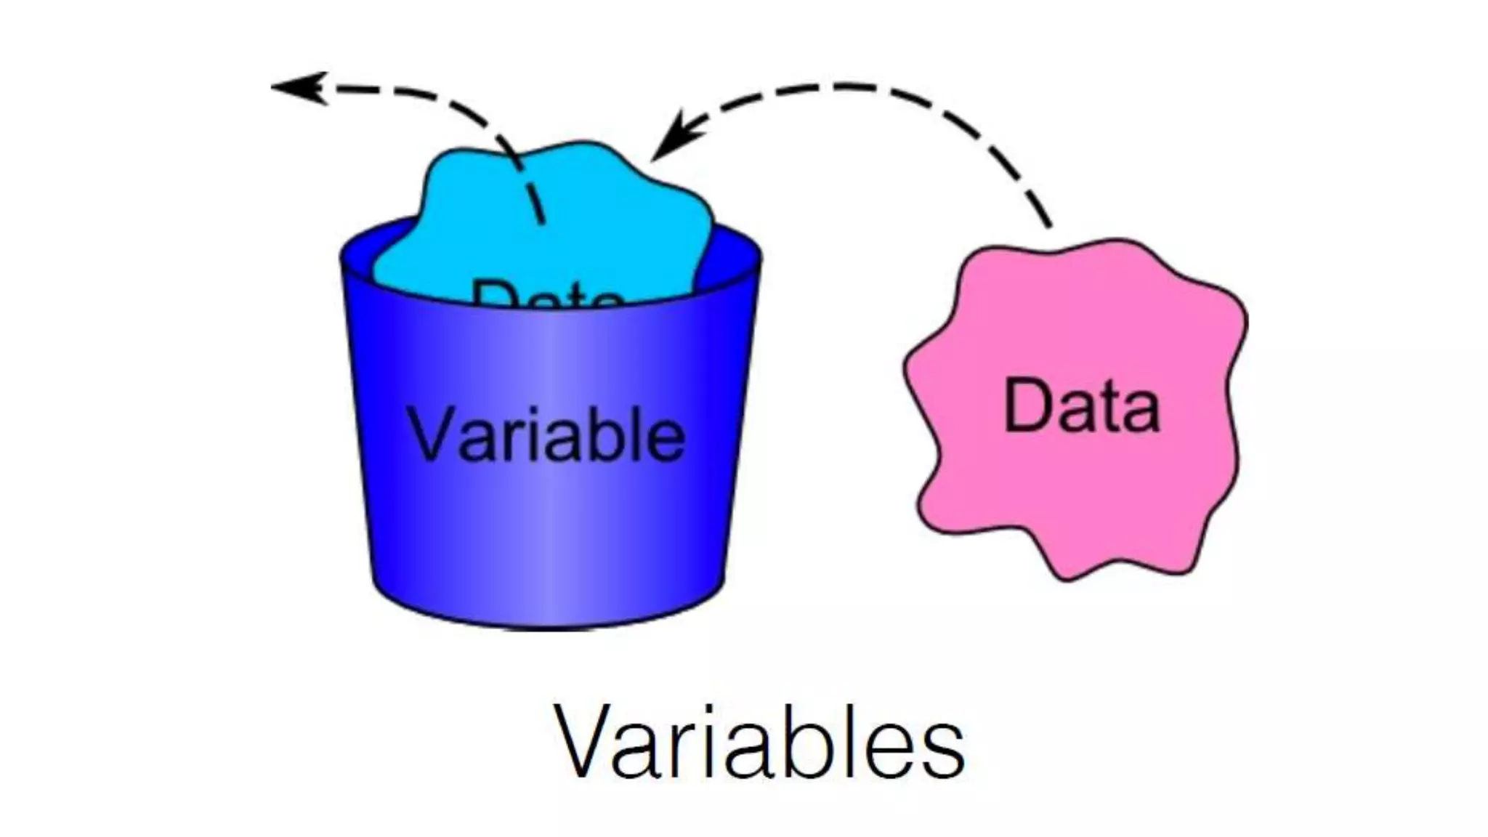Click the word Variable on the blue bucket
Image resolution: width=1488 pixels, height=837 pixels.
[547, 434]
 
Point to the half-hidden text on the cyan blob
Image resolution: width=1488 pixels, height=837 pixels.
[547, 294]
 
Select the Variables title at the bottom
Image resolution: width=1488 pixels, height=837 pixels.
[759, 743]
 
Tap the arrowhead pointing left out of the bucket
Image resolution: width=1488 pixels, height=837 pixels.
[298, 87]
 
